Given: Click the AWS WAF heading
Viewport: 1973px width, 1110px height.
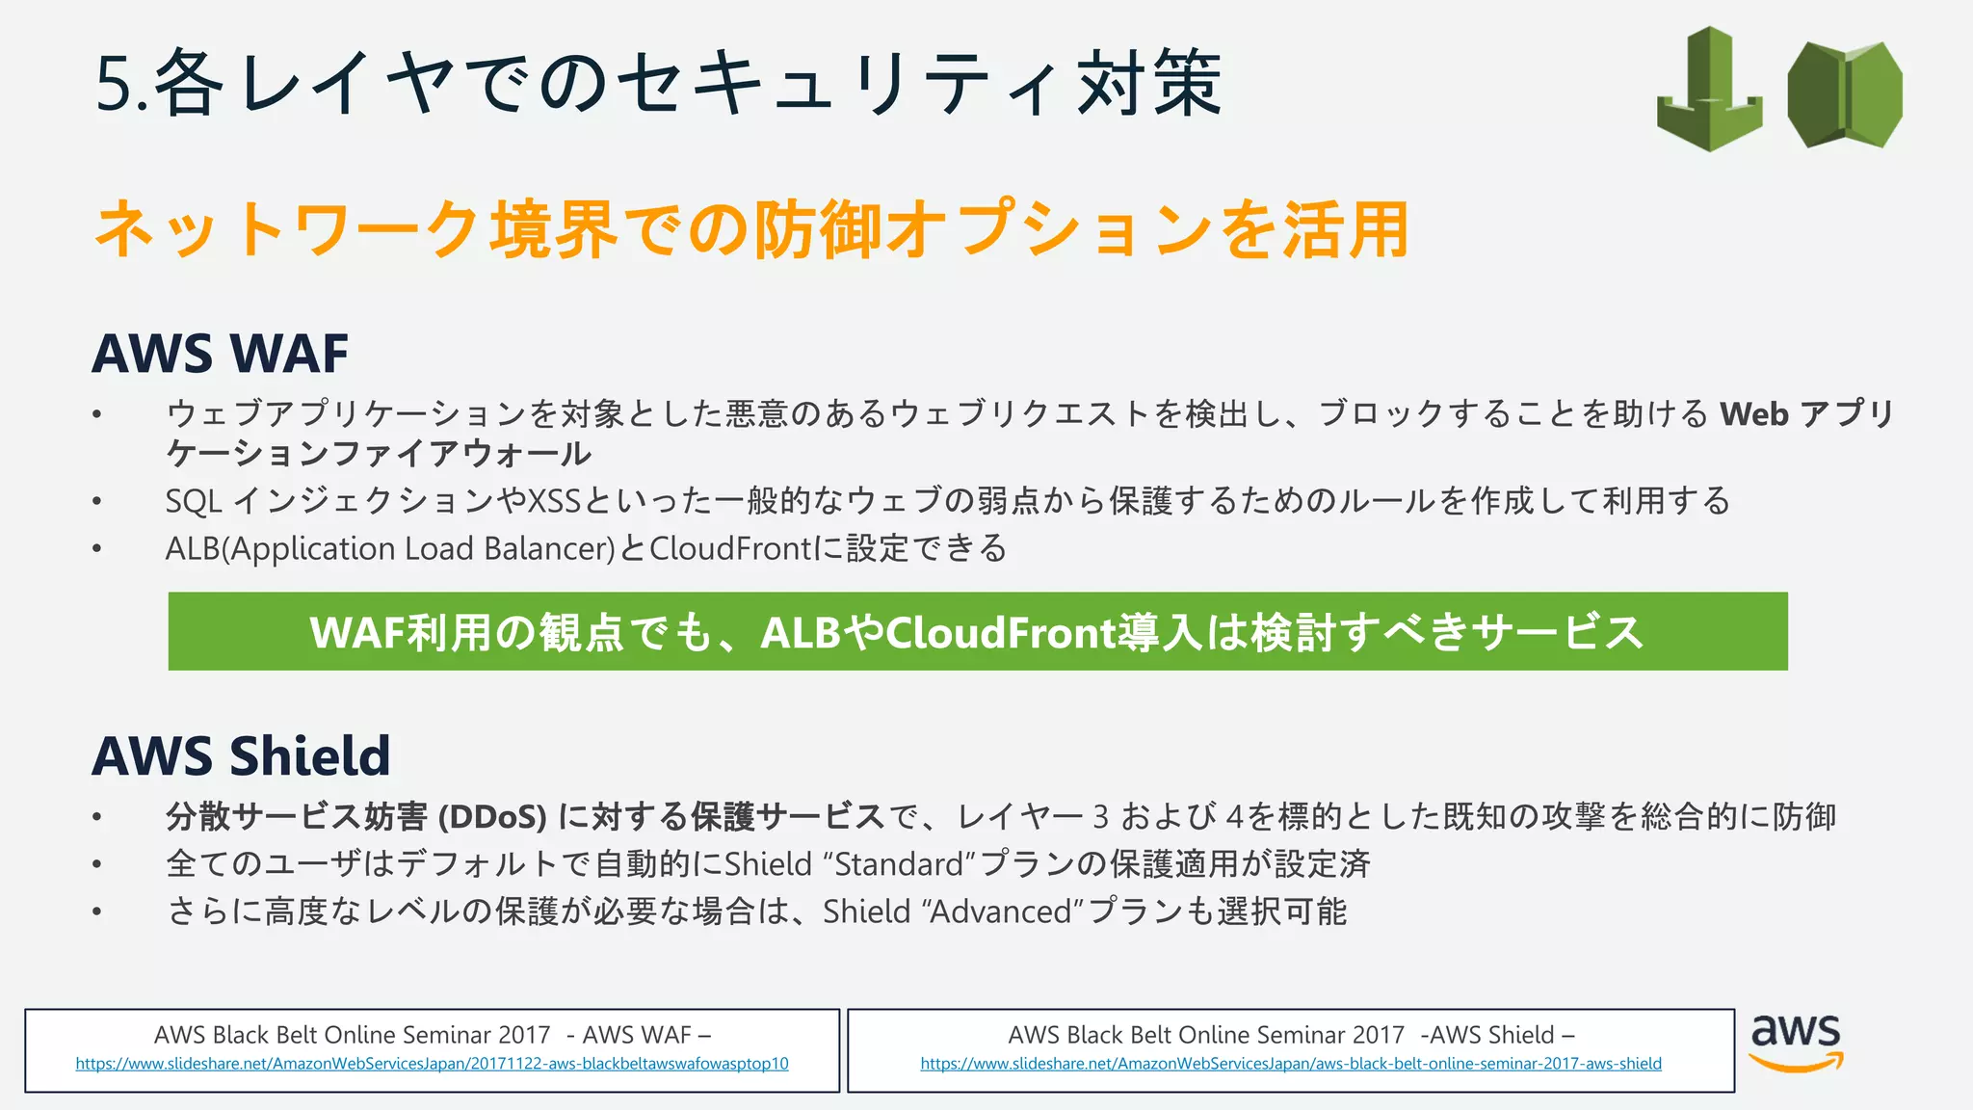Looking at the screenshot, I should point(220,354).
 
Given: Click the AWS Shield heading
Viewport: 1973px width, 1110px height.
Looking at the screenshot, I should point(241,755).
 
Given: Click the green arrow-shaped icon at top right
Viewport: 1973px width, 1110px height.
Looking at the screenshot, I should point(1709,89).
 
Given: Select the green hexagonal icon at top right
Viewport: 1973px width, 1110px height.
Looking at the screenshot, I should point(1844,94).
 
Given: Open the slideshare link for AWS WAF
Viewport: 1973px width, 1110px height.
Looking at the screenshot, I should point(432,1064).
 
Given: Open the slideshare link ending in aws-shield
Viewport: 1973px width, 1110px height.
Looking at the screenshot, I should point(1290,1064).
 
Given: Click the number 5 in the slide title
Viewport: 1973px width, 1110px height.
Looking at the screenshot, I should point(113,85).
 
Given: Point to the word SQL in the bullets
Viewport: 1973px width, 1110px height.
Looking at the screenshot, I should point(194,501).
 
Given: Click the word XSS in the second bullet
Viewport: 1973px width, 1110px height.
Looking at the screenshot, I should point(554,501).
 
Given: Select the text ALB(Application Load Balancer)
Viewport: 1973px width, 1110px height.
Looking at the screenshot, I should point(390,548).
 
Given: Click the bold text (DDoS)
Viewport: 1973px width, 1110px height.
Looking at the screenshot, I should point(491,817).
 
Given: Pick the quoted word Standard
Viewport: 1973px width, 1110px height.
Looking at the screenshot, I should point(899,864).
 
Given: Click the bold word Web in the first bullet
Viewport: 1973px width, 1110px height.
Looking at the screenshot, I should point(1754,414).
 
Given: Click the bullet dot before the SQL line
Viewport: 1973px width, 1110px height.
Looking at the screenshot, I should point(96,501).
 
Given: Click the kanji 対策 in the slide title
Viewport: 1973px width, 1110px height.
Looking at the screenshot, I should point(1149,85).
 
